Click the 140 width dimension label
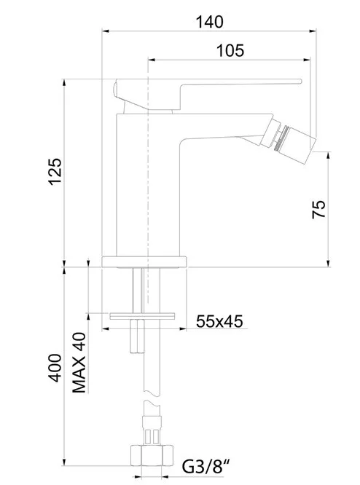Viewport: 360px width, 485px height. (x=209, y=22)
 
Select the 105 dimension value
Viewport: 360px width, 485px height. (x=230, y=50)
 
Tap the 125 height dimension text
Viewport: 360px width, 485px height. (x=55, y=172)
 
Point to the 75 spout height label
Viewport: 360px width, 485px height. (x=319, y=210)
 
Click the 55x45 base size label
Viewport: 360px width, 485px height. (x=219, y=321)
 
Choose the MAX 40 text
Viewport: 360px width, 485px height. (x=79, y=363)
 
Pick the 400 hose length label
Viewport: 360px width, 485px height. (x=55, y=368)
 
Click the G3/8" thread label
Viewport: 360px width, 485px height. (x=206, y=467)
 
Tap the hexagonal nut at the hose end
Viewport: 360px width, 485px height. (x=152, y=455)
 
